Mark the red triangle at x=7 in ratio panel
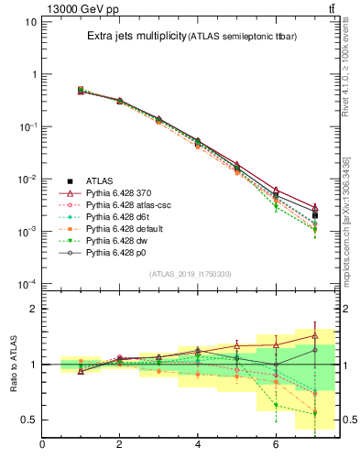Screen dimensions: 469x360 click(314, 335)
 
